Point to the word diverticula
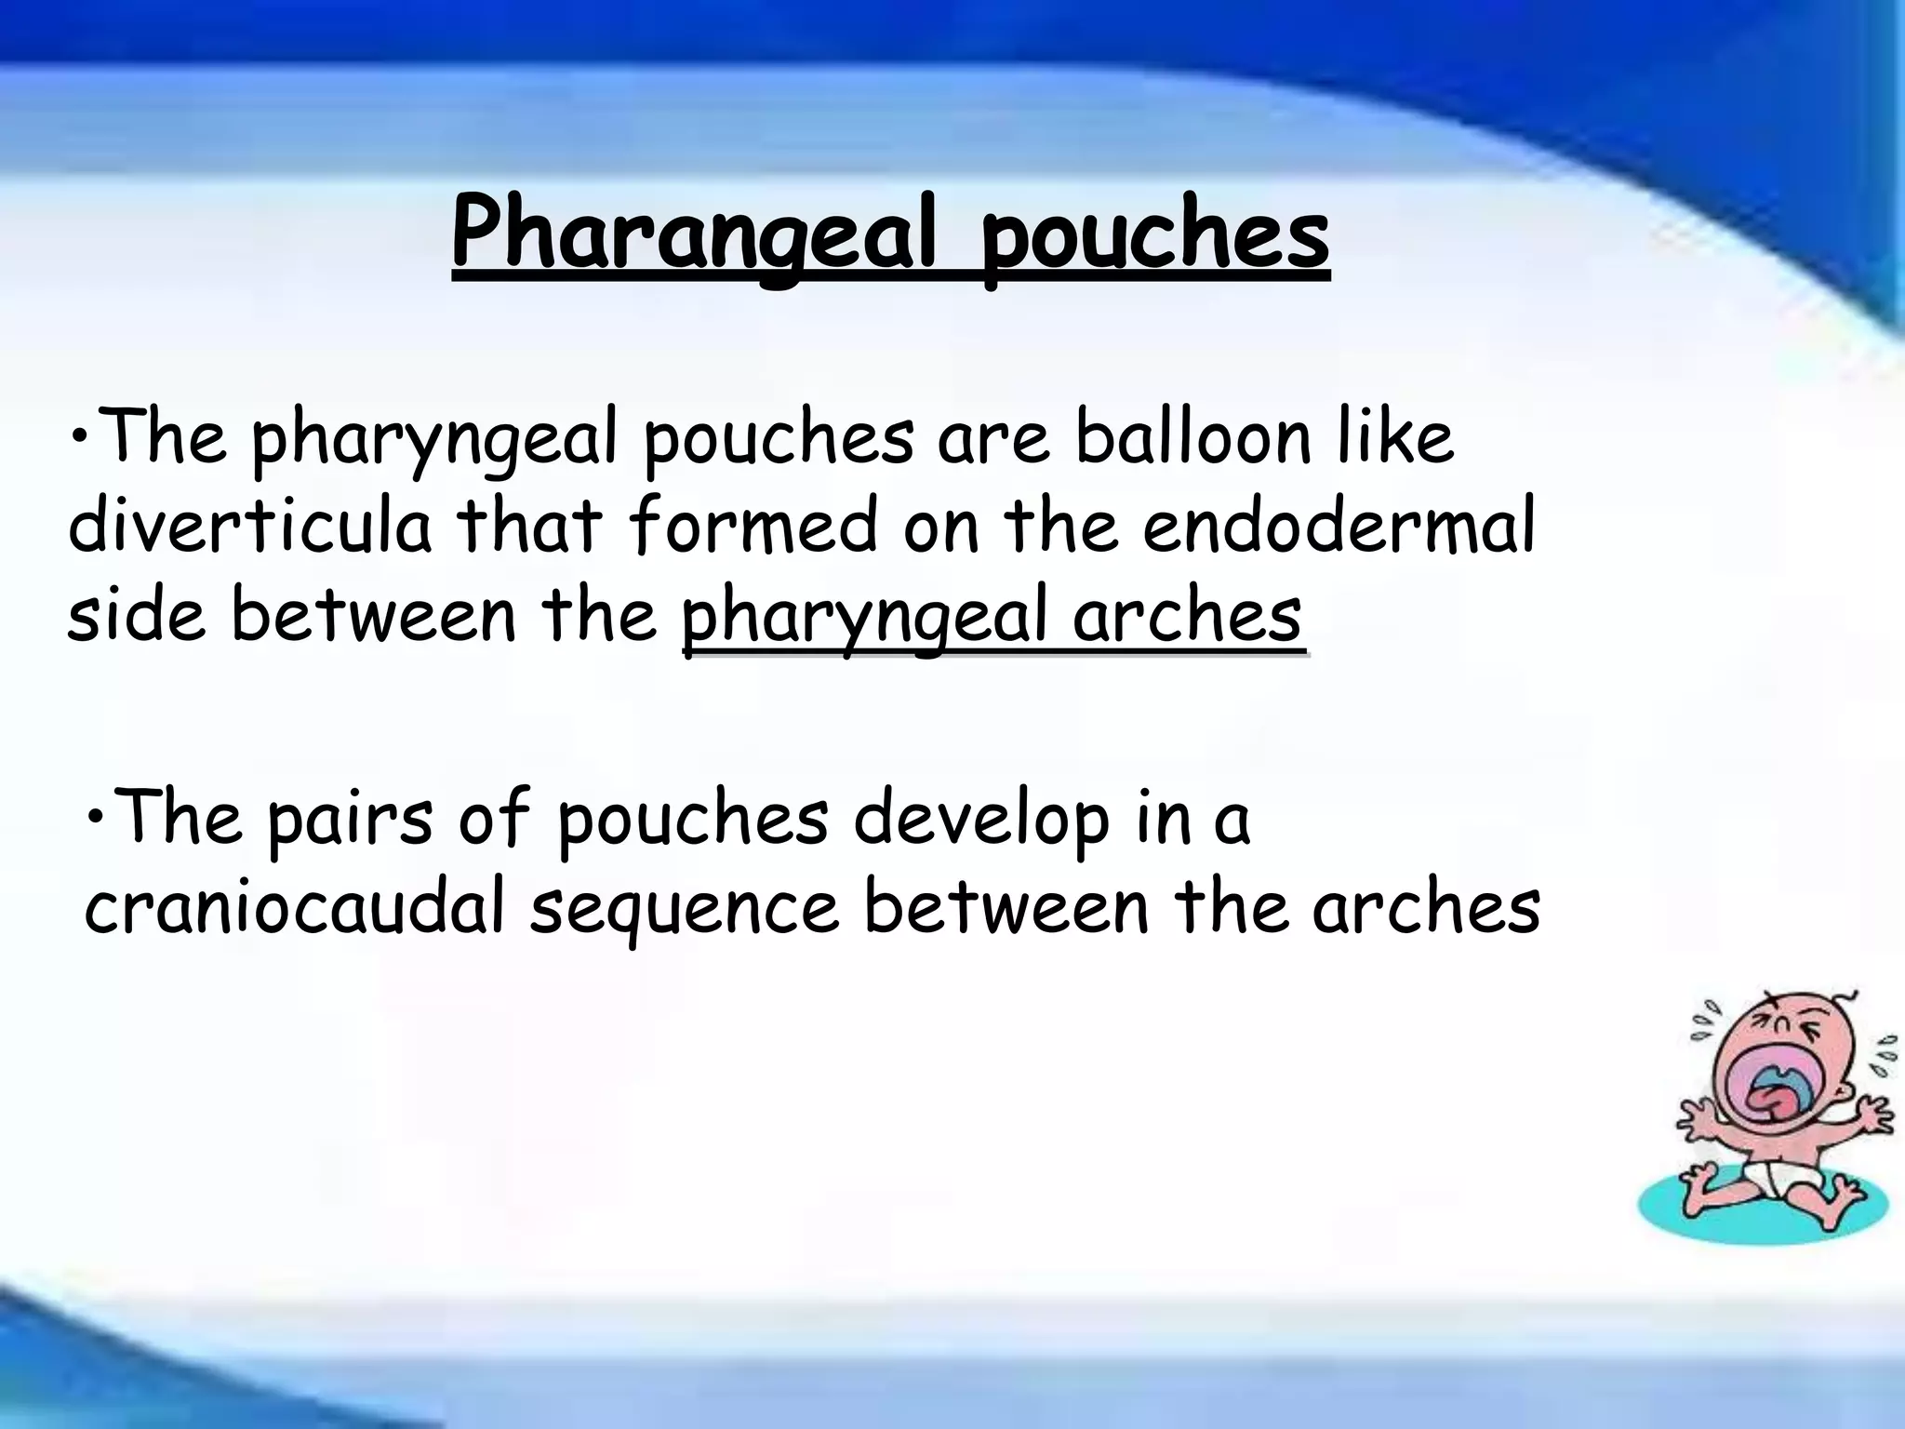click(x=250, y=526)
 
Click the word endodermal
click(x=1339, y=526)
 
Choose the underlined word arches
click(x=1186, y=615)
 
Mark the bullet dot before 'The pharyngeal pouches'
click(x=82, y=435)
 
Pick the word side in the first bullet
click(x=136, y=615)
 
